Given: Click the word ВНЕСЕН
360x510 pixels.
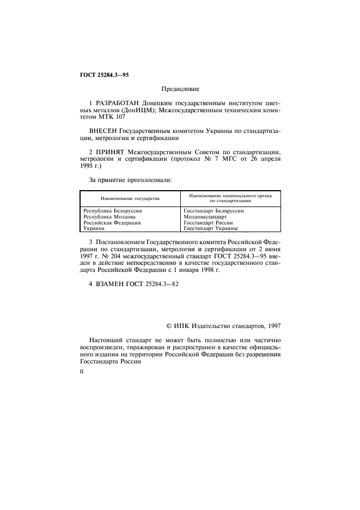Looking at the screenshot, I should point(102,131).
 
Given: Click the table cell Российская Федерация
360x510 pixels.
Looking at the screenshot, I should point(112,222).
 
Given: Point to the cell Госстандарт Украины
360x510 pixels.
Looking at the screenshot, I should point(213,229).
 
